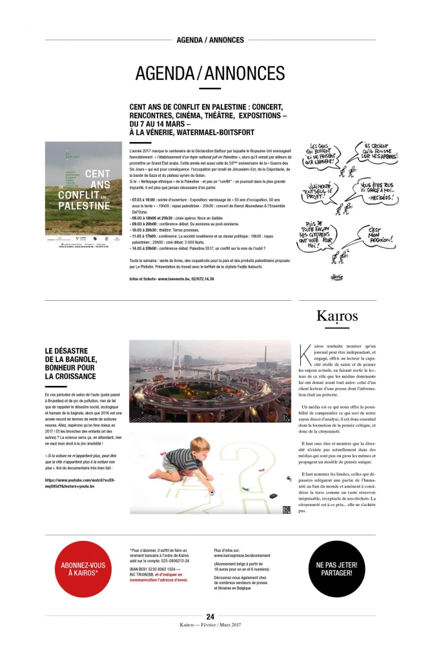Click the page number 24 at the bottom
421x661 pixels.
tap(210, 616)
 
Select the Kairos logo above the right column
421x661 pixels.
tap(337, 316)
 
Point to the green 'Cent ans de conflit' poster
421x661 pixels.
tap(83, 188)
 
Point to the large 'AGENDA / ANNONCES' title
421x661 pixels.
tap(210, 73)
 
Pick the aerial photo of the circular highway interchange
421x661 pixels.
tap(211, 381)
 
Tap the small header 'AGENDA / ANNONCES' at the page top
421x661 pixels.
tap(210, 39)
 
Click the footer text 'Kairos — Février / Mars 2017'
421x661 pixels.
tap(210, 624)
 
